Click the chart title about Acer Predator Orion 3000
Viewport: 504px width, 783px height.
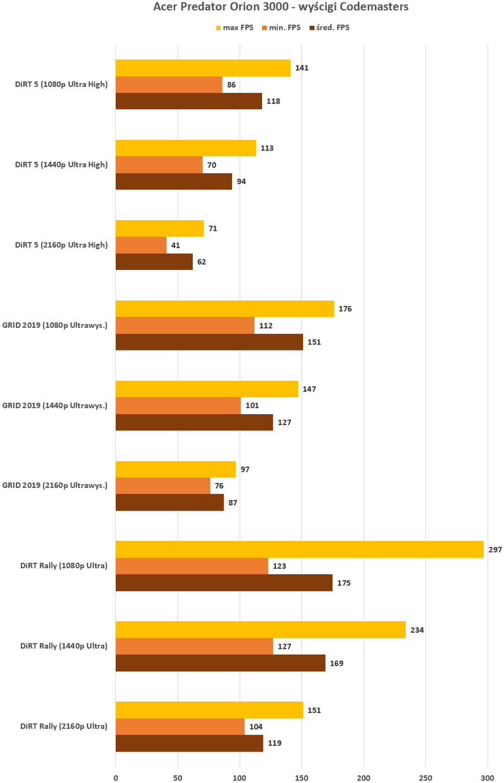[281, 8]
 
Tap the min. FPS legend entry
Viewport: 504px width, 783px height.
[281, 28]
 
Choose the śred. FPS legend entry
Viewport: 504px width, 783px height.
[329, 28]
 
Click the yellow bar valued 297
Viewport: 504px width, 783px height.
[299, 549]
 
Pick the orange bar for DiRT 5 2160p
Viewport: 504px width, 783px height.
[140, 245]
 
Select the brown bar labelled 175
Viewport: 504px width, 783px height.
[224, 583]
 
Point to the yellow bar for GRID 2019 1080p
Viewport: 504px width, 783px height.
[224, 309]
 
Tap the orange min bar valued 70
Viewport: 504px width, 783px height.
[159, 165]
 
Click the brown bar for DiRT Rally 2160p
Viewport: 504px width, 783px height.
[189, 743]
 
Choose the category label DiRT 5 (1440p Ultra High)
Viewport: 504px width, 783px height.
[61, 165]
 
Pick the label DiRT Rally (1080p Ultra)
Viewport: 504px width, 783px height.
[64, 565]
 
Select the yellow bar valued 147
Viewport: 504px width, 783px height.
[207, 389]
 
